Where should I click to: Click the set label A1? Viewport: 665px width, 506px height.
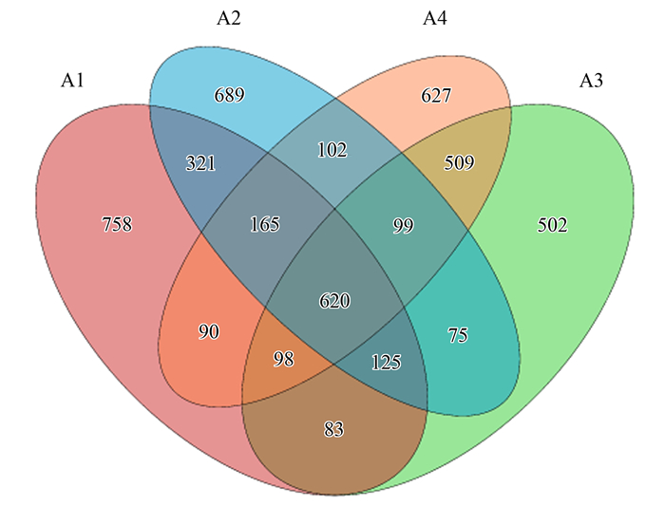pos(73,81)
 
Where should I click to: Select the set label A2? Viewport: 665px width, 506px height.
pos(228,18)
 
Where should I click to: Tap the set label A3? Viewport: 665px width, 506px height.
pos(591,81)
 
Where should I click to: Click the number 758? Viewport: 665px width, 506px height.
pos(116,225)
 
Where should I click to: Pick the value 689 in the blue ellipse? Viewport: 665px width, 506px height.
pos(229,95)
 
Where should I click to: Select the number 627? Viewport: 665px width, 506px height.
pos(436,95)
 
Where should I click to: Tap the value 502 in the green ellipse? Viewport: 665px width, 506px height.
pos(551,225)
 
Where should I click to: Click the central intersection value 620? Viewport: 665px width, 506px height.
pos(334,301)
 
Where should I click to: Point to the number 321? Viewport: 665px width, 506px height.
pos(199,163)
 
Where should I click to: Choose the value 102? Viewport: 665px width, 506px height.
pos(332,149)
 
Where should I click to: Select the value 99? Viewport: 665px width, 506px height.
pos(403,225)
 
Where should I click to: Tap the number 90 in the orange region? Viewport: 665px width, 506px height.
pos(210,331)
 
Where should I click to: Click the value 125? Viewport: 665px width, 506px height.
pos(386,362)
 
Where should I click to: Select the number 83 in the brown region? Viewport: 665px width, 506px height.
pos(333,430)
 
